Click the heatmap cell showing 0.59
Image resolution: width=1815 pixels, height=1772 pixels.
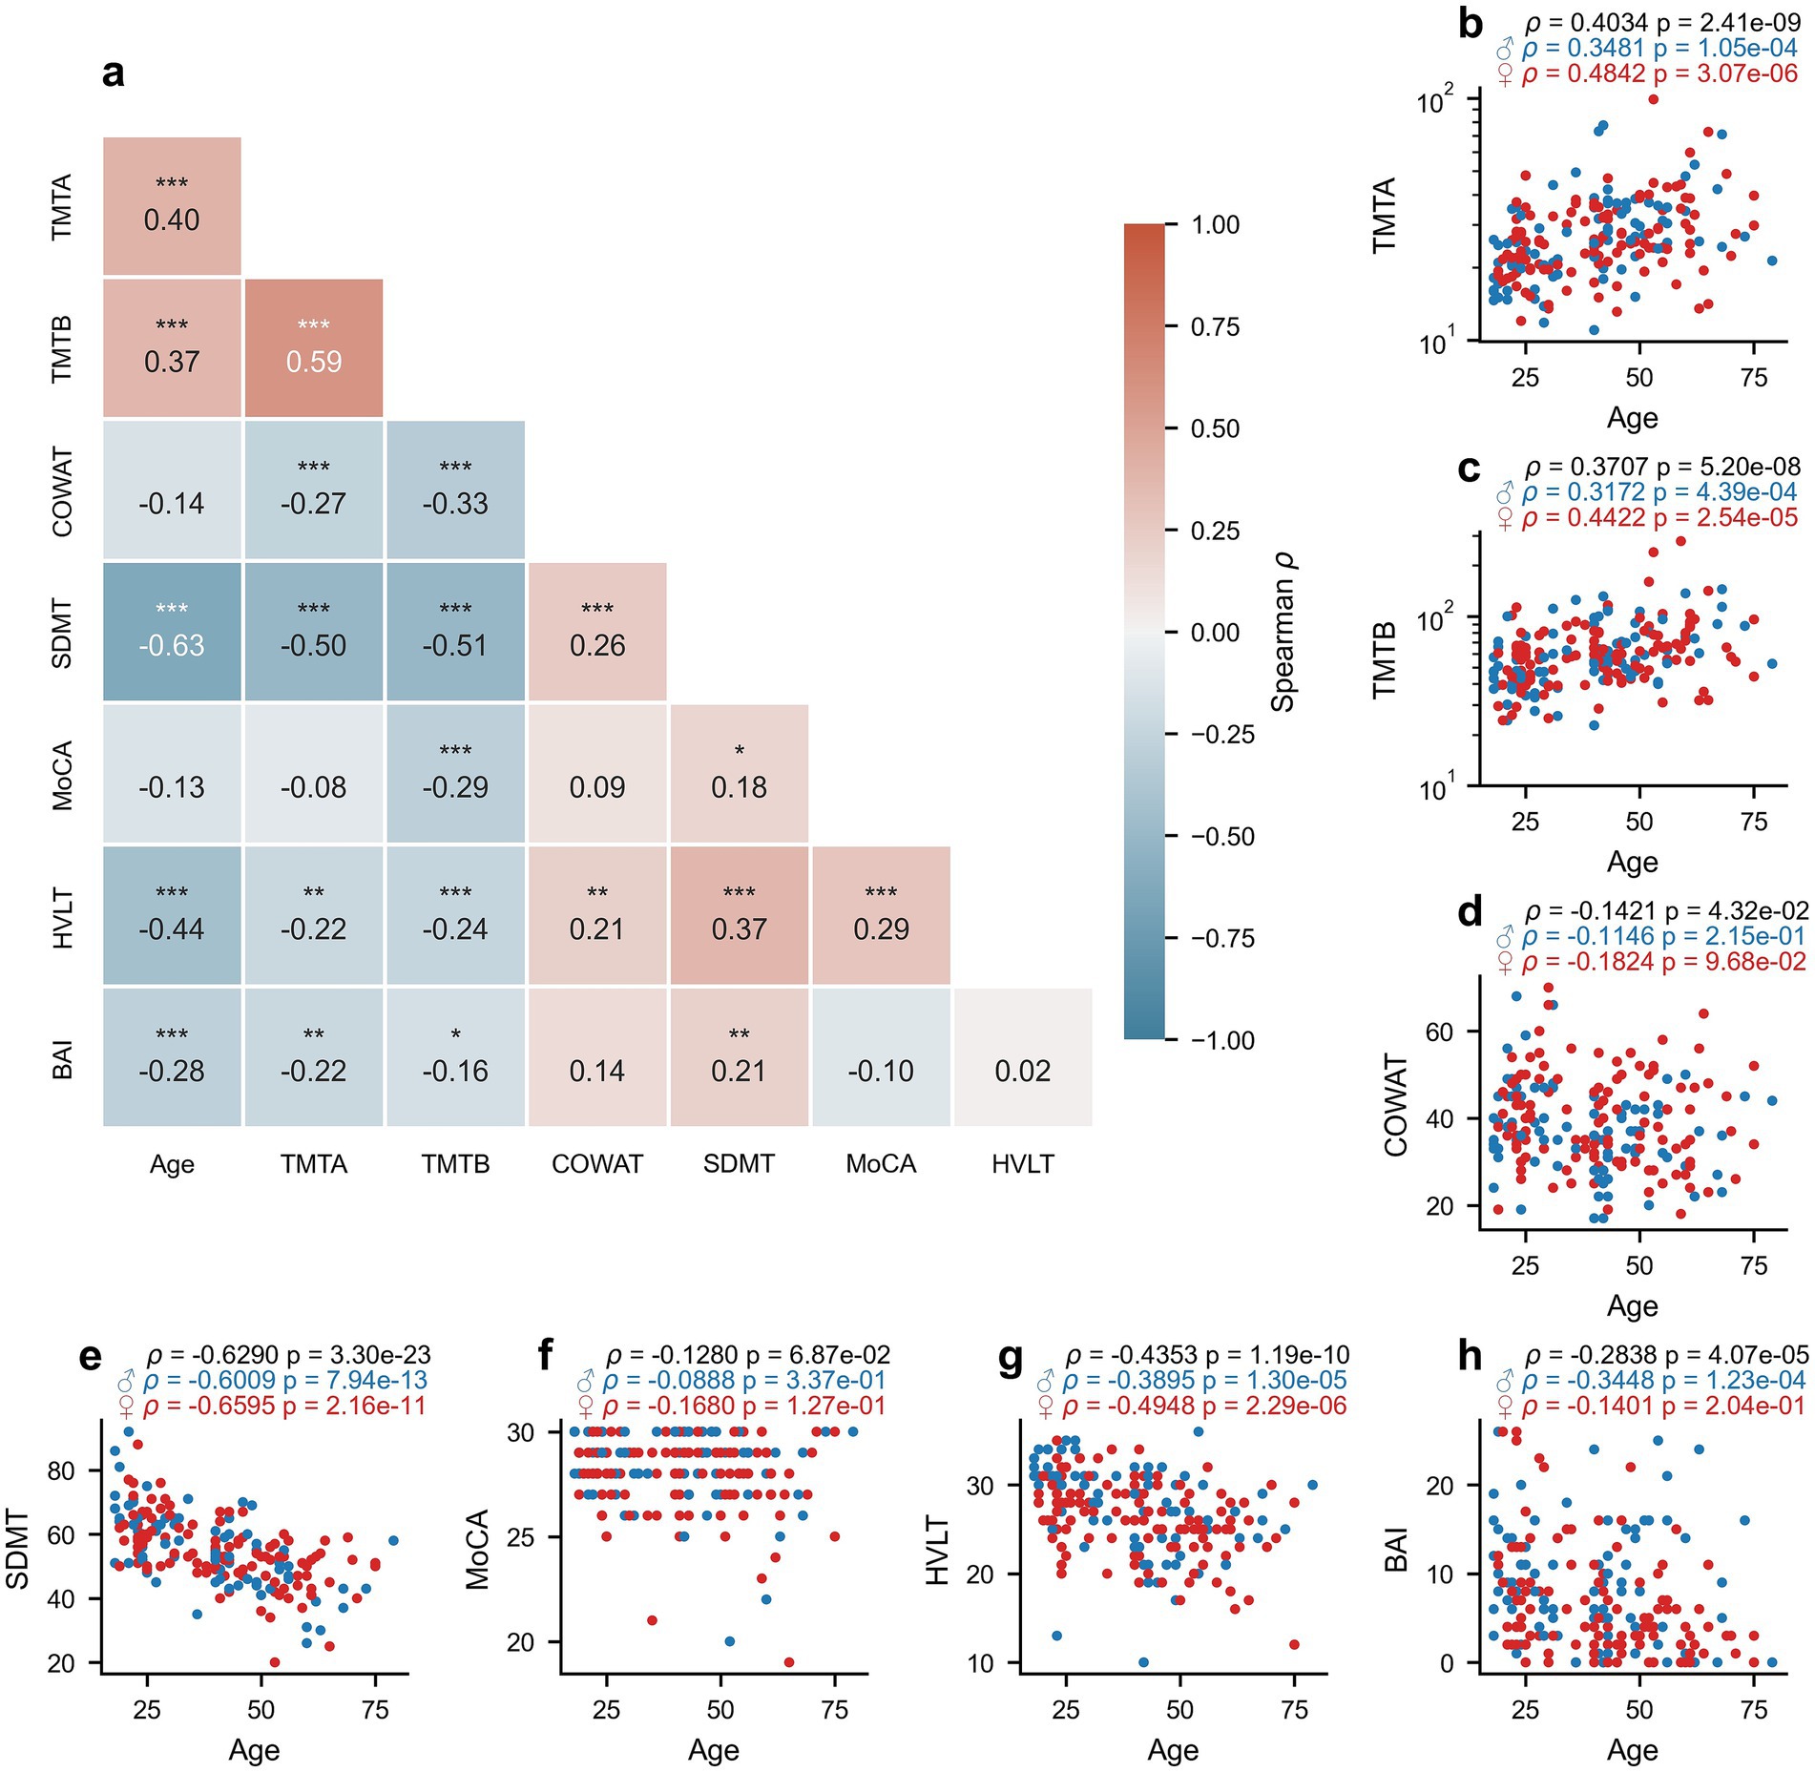(314, 348)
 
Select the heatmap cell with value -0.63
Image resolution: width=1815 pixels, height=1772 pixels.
(172, 633)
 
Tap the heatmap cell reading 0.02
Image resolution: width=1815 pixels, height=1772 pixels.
(1023, 1058)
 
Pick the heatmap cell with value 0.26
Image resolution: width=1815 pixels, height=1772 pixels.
(597, 633)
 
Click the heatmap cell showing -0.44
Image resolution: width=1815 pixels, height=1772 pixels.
(172, 916)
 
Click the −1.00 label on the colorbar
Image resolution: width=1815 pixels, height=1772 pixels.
(1222, 1040)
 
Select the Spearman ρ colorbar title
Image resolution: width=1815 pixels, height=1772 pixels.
(1283, 632)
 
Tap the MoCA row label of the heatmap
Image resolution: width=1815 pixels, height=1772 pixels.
(63, 775)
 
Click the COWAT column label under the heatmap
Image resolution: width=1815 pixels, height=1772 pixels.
(597, 1164)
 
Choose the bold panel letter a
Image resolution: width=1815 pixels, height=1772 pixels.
(113, 73)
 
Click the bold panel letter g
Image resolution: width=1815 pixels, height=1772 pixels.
(1010, 1357)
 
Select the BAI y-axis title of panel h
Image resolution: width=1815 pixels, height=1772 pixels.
(1397, 1549)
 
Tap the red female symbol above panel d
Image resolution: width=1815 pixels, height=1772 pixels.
(1505, 964)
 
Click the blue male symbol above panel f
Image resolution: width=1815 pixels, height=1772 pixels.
(586, 1382)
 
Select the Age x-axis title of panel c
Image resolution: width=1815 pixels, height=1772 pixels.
(1632, 862)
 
